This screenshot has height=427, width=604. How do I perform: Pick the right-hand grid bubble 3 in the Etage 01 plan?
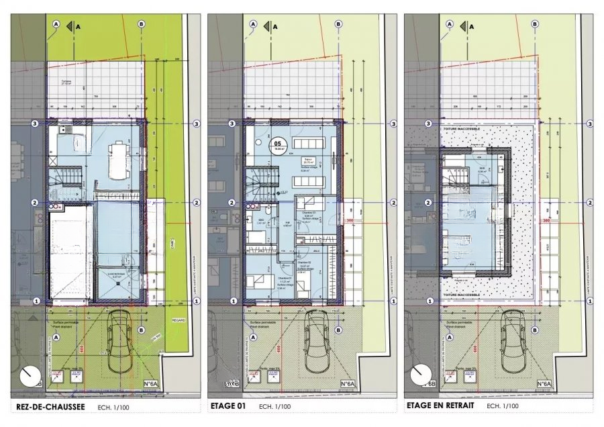pos(393,124)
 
